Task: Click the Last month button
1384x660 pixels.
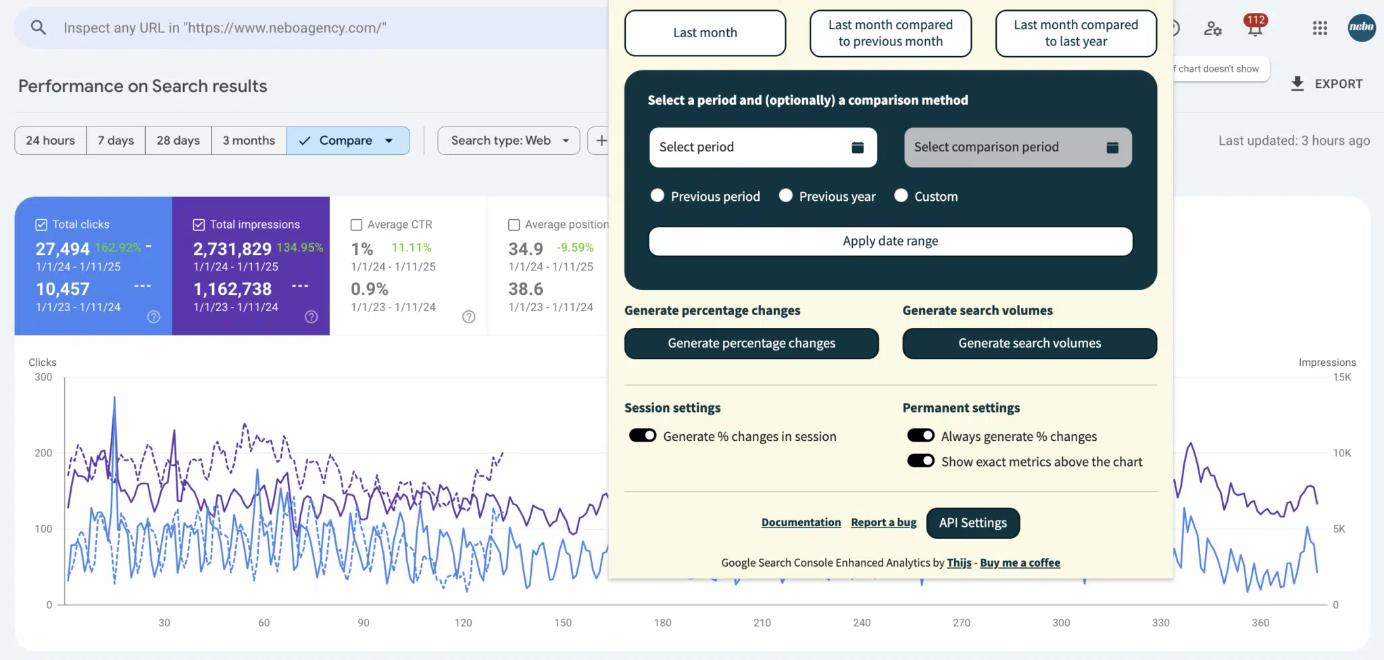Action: [705, 32]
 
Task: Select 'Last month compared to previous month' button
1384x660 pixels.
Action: [891, 33]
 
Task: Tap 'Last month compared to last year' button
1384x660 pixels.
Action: [1076, 33]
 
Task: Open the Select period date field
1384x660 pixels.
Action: [763, 147]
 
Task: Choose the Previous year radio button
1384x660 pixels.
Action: [786, 196]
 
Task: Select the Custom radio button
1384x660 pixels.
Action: [901, 196]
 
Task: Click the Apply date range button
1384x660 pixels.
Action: [890, 241]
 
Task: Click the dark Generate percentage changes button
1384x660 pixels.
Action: [751, 344]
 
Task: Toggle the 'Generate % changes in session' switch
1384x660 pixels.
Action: [643, 435]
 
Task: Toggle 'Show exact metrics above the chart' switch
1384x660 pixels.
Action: [920, 461]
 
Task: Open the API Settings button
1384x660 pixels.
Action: [972, 523]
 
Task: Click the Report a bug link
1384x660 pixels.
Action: [884, 523]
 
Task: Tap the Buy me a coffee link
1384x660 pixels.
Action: [1020, 563]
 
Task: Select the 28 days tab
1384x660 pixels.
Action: [178, 141]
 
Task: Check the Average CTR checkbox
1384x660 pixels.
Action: [357, 225]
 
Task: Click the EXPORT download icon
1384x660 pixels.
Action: [1297, 84]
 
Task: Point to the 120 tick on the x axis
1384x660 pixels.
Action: [464, 623]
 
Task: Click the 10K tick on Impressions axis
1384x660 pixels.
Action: [1342, 453]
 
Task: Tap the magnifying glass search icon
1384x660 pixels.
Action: [39, 28]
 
